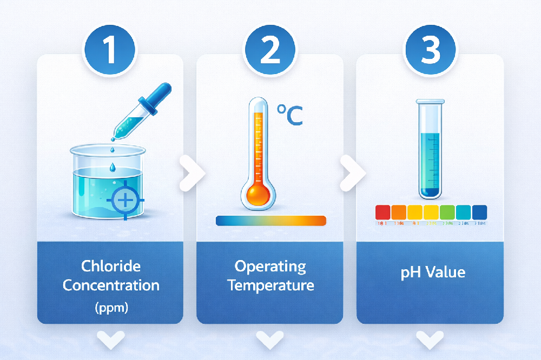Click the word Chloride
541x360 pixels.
point(110,266)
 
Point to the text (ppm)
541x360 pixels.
point(110,308)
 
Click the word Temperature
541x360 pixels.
point(270,285)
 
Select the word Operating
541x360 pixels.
point(270,266)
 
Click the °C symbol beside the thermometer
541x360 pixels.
point(290,115)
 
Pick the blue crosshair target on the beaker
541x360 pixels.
point(126,201)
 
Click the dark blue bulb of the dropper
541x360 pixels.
point(163,94)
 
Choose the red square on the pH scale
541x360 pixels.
point(382,211)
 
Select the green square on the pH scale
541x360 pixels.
point(447,211)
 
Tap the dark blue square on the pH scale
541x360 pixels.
point(479,211)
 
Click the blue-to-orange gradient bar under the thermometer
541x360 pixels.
point(270,221)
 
